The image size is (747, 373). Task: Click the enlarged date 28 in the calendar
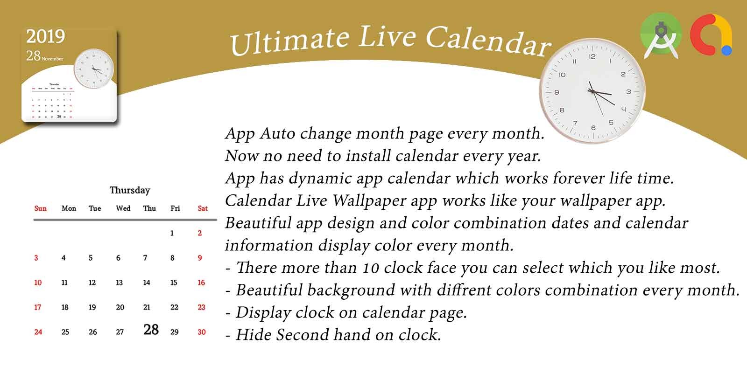pyautogui.click(x=151, y=330)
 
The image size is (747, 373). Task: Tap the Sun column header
pyautogui.click(x=41, y=208)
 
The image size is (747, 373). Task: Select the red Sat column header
pyautogui.click(x=203, y=208)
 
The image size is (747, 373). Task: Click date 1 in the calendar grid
pyautogui.click(x=172, y=233)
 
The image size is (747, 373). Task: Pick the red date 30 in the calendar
pyautogui.click(x=202, y=332)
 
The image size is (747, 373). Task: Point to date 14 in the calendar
pyautogui.click(x=147, y=283)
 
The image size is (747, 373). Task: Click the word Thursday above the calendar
pyautogui.click(x=130, y=190)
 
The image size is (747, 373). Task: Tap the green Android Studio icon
pyautogui.click(x=661, y=36)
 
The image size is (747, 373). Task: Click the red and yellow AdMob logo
pyautogui.click(x=711, y=36)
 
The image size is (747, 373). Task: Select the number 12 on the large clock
pyautogui.click(x=592, y=57)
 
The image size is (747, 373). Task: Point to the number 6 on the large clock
pyautogui.click(x=593, y=128)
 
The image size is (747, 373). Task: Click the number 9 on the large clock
pyautogui.click(x=557, y=92)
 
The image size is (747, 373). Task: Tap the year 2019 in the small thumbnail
pyautogui.click(x=45, y=36)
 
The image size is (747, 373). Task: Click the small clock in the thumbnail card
pyautogui.click(x=94, y=69)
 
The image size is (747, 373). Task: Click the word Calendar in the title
pyautogui.click(x=488, y=42)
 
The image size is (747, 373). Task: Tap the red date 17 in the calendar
pyautogui.click(x=37, y=307)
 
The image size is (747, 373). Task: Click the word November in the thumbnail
pyautogui.click(x=52, y=59)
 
